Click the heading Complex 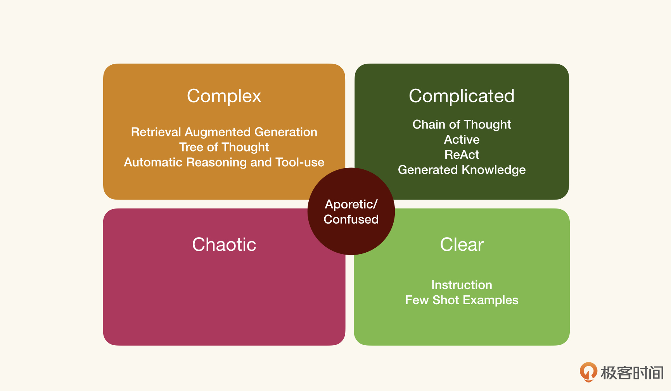pos(224,96)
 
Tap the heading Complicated pos(462,96)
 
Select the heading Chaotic pos(224,245)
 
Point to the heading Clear pos(462,245)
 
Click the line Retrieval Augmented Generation pos(224,133)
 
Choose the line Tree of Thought pos(224,147)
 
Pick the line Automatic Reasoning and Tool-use pos(224,162)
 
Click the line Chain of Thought pos(462,125)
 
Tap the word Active pos(462,140)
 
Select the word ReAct pos(462,155)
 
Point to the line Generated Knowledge pos(462,170)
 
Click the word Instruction pos(462,285)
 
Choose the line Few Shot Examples pos(462,300)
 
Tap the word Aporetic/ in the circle pos(351,205)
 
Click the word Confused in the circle pos(351,219)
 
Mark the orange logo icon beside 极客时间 pos(588,372)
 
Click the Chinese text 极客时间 pos(632,373)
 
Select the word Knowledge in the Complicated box pos(494,170)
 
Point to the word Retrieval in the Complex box pos(156,132)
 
